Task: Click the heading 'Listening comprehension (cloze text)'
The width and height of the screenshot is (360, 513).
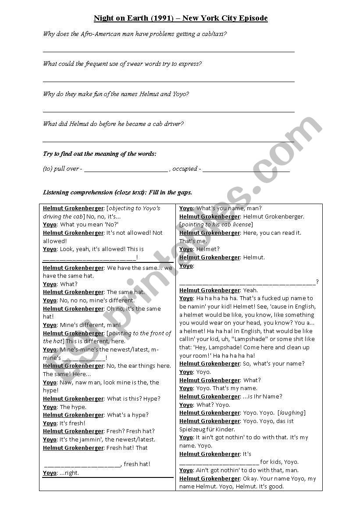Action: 95,192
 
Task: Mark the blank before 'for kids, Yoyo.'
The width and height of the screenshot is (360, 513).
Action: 219,462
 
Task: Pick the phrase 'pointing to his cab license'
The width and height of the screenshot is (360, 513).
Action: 216,225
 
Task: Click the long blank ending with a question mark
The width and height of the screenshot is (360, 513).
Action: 247,282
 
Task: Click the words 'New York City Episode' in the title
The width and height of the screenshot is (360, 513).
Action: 225,18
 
